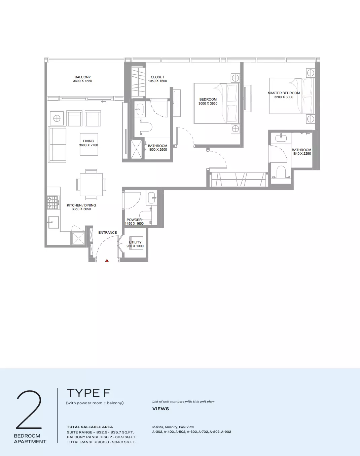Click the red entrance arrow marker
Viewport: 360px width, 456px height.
(x=107, y=261)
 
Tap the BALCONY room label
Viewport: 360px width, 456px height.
(x=83, y=77)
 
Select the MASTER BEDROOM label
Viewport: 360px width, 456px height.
(x=284, y=93)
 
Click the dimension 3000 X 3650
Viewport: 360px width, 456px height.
(x=208, y=103)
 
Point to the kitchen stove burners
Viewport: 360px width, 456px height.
(x=52, y=202)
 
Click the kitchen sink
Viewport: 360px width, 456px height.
(x=53, y=222)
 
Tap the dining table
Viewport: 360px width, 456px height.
(x=91, y=185)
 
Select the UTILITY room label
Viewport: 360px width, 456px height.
(x=135, y=242)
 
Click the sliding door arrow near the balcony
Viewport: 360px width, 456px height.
(x=104, y=102)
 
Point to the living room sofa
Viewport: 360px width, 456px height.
(x=57, y=145)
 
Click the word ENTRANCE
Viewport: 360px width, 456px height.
(x=107, y=232)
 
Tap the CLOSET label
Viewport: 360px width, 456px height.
(x=157, y=77)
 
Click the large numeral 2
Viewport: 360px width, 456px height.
(x=29, y=410)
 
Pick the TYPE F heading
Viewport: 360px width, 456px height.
(x=88, y=393)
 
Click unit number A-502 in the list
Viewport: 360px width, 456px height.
(x=181, y=432)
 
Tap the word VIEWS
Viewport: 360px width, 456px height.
(x=161, y=409)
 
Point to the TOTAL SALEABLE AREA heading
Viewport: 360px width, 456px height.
(x=90, y=427)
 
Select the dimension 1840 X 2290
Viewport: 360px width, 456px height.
(x=301, y=153)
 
